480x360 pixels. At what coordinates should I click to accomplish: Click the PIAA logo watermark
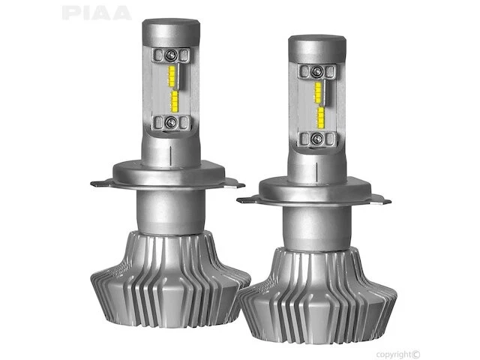tap(96, 13)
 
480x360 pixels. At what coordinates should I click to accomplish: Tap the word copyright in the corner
tap(394, 333)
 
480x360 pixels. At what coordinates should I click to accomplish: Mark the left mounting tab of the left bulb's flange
tap(100, 181)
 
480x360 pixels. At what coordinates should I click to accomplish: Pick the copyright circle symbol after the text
tap(417, 333)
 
